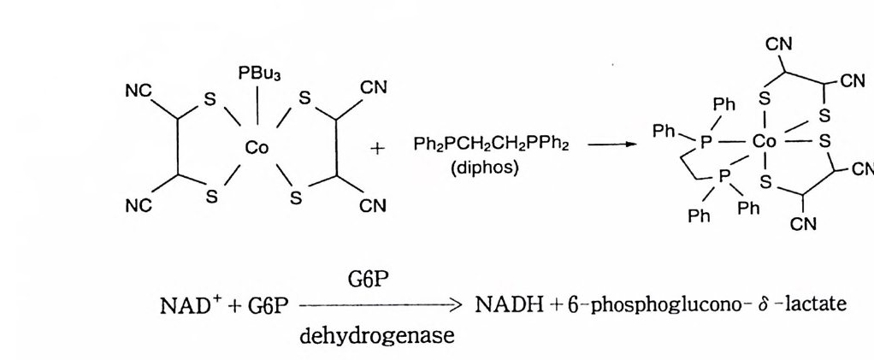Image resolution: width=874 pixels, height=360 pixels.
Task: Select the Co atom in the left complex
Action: (x=257, y=148)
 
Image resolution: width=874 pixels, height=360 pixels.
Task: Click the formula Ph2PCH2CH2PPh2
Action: (x=485, y=145)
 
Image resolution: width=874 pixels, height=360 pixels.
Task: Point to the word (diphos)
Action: (x=484, y=168)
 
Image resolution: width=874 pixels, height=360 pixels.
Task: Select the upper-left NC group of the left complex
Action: (x=139, y=91)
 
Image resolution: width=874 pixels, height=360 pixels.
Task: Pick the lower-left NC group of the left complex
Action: (x=139, y=205)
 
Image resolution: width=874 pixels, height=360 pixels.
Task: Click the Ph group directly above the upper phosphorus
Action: (x=723, y=104)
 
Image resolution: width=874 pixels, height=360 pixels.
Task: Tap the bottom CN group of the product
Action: (x=803, y=224)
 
